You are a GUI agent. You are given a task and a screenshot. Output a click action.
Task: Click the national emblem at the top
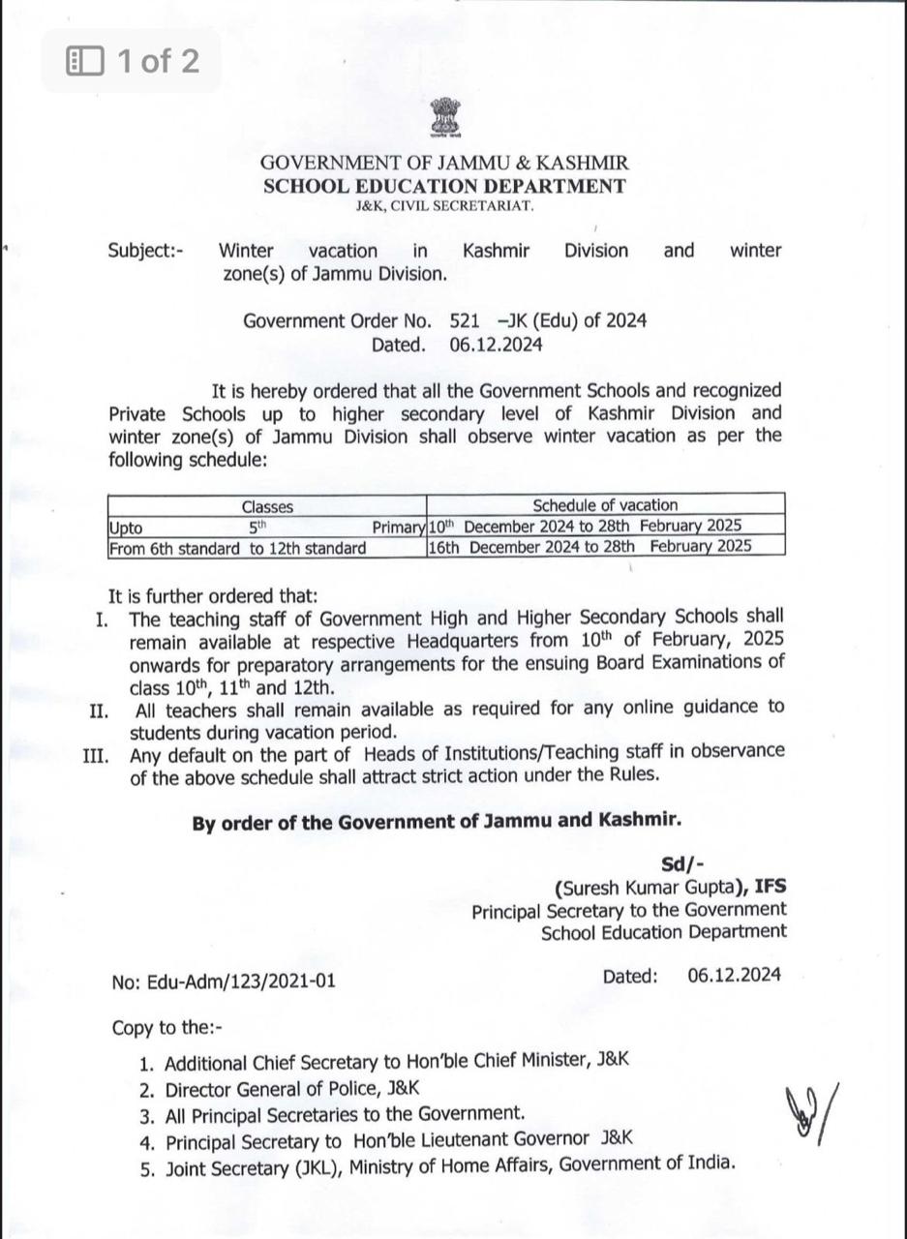(446, 120)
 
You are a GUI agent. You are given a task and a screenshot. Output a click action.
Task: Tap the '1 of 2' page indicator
(132, 62)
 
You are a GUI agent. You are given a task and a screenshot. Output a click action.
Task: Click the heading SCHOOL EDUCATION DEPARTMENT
(444, 186)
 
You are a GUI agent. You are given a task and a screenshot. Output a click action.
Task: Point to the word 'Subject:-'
(146, 251)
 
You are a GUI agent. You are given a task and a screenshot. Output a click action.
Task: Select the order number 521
(465, 320)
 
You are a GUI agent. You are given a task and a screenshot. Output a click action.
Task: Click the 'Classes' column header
(267, 506)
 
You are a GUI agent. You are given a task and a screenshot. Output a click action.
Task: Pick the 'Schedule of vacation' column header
(605, 505)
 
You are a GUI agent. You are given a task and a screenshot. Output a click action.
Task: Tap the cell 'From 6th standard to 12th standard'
(238, 549)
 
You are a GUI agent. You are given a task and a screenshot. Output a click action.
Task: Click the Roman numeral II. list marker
(98, 711)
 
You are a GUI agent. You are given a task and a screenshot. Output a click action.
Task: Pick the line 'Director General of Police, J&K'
(292, 1089)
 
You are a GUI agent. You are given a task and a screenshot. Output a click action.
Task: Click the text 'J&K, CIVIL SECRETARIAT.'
(444, 206)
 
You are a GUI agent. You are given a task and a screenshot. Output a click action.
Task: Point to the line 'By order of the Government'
(436, 822)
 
